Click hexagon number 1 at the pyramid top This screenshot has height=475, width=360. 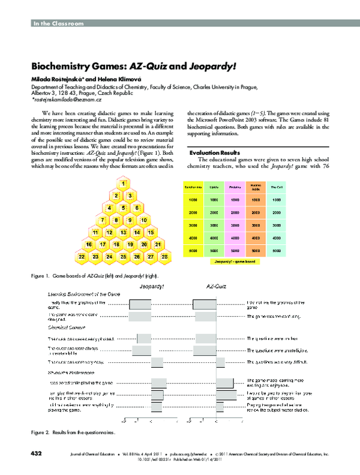pyautogui.click(x=123, y=183)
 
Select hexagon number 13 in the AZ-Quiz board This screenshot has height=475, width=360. pyautogui.click(x=123, y=232)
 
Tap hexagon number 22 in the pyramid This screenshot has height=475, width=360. pyautogui.click(x=82, y=257)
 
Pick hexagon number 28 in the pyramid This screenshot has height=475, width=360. pyautogui.click(x=164, y=257)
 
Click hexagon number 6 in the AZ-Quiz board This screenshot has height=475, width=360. pyautogui.click(x=137, y=208)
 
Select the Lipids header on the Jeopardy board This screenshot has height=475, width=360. pyautogui.click(x=214, y=188)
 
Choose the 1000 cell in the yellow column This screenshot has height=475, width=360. pyautogui.click(x=193, y=200)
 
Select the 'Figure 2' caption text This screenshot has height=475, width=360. pyautogui.click(x=73, y=432)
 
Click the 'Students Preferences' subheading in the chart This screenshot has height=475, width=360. pyautogui.click(x=69, y=372)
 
